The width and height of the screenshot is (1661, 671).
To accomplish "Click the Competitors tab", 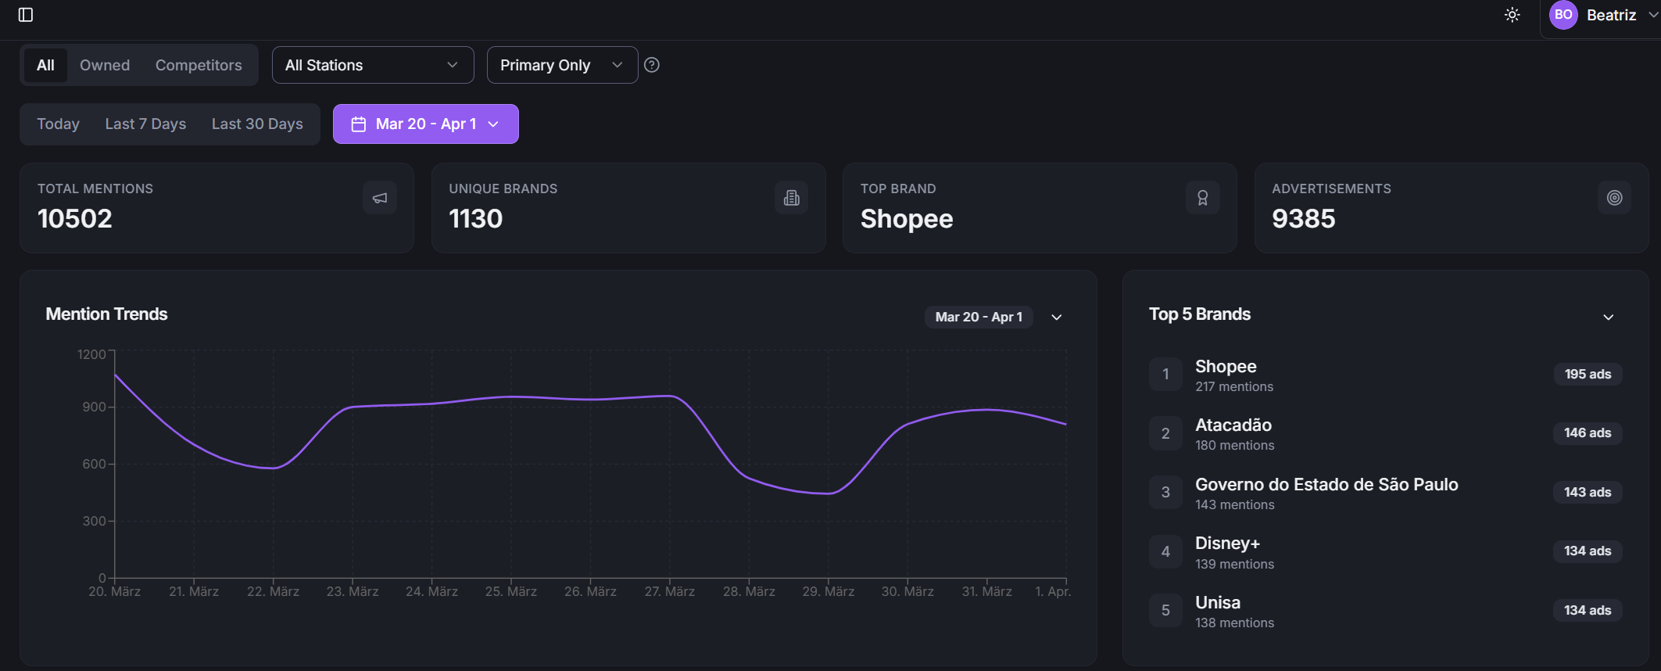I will pyautogui.click(x=199, y=65).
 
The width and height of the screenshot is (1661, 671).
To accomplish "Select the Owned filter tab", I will pyautogui.click(x=105, y=65).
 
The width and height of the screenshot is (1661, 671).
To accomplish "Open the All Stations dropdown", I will pyautogui.click(x=372, y=65).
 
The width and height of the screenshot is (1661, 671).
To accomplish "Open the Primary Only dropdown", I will pyautogui.click(x=561, y=65).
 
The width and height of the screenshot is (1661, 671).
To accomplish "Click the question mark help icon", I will pyautogui.click(x=652, y=65).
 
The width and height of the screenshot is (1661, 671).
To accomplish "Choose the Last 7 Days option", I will pyautogui.click(x=145, y=124).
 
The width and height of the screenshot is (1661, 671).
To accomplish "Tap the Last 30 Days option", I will pyautogui.click(x=257, y=124).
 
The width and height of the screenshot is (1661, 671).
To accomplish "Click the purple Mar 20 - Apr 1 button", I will pyautogui.click(x=425, y=124).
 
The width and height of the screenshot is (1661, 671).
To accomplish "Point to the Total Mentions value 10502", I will pyautogui.click(x=75, y=218).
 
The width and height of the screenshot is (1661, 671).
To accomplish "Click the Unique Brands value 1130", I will pyautogui.click(x=475, y=218).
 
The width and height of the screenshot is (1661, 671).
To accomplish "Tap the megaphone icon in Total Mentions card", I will pyautogui.click(x=380, y=198).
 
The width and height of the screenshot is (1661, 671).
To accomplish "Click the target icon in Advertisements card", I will pyautogui.click(x=1614, y=198).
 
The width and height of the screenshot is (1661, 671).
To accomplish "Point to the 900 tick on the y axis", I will pyautogui.click(x=94, y=407).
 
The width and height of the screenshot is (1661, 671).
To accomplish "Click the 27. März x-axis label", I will pyautogui.click(x=669, y=591).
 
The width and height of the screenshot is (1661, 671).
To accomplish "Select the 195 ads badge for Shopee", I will pyautogui.click(x=1587, y=374).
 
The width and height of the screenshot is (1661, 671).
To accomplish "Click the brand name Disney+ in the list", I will pyautogui.click(x=1227, y=543).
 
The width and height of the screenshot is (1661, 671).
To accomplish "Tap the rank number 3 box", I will pyautogui.click(x=1165, y=492).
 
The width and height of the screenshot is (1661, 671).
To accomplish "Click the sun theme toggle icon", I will pyautogui.click(x=1512, y=15).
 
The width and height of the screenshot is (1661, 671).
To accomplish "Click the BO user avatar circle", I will pyautogui.click(x=1563, y=15).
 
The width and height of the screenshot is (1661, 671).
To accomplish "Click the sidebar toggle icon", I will pyautogui.click(x=26, y=15).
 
